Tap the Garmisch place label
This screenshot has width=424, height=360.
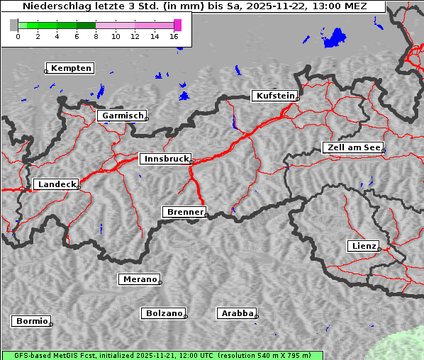coord(123,116)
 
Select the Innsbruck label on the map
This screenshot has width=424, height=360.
coord(165,159)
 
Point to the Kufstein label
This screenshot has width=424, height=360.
coord(275,96)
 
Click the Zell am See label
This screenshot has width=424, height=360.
coord(353,147)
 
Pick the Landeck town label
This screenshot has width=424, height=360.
coord(56,184)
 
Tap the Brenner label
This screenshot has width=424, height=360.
coord(184,212)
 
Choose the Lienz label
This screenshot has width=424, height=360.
coord(364,246)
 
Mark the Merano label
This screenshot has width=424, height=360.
coord(139,279)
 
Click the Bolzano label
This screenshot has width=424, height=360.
coord(164,313)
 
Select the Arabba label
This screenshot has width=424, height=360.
coord(237,313)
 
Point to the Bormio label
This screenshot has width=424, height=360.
coord(32,321)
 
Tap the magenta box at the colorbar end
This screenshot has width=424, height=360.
coord(177,25)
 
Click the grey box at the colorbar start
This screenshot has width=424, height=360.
coord(13,25)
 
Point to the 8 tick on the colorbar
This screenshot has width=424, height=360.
coord(96,35)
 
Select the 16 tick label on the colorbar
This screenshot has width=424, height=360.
coord(174,35)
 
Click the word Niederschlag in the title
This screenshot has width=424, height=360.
coord(54,6)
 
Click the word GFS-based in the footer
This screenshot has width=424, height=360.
coord(25,355)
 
